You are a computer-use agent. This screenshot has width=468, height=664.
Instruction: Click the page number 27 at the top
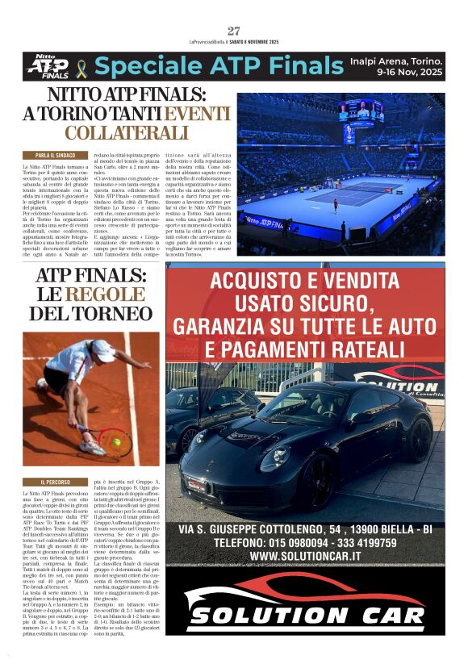coord(234,31)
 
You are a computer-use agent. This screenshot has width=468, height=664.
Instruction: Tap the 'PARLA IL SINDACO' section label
coord(56,154)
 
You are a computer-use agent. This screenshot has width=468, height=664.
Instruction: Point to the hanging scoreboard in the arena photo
coord(360,111)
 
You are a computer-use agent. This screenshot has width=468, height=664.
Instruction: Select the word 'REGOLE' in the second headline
coord(104,294)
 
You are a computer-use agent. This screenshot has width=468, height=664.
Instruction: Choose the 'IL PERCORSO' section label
coord(57,482)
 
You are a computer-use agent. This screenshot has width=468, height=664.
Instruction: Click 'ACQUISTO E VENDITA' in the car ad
coord(304,283)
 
